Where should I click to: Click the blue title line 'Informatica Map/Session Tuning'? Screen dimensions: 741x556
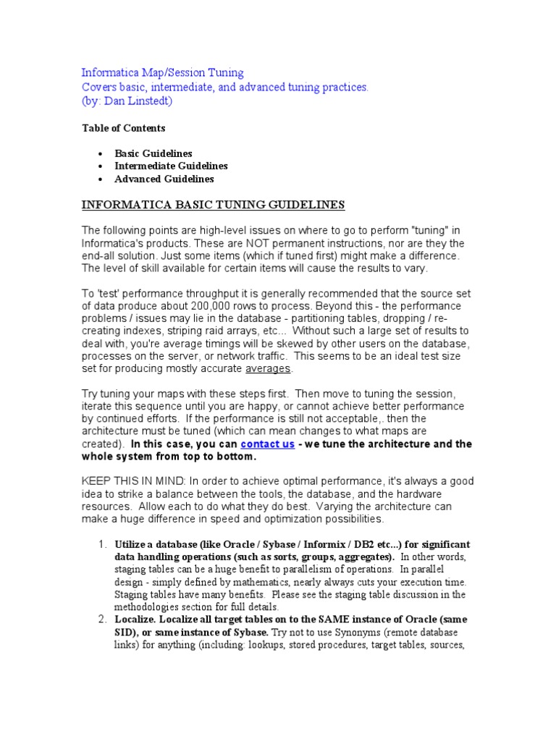tap(162, 73)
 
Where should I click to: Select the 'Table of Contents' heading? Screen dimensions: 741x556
tap(123, 128)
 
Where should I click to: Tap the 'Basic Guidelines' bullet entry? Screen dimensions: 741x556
tap(153, 153)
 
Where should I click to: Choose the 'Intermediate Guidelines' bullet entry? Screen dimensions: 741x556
tap(171, 166)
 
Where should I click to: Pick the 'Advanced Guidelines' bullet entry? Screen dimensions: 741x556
tap(164, 179)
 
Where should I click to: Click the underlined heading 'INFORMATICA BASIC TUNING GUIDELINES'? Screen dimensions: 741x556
tap(213, 206)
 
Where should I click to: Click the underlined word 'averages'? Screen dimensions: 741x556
tap(268, 368)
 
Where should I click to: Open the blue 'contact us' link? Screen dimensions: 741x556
tap(267, 444)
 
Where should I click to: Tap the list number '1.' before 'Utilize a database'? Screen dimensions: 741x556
tap(103, 544)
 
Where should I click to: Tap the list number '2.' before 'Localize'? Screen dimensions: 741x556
tap(103, 620)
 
